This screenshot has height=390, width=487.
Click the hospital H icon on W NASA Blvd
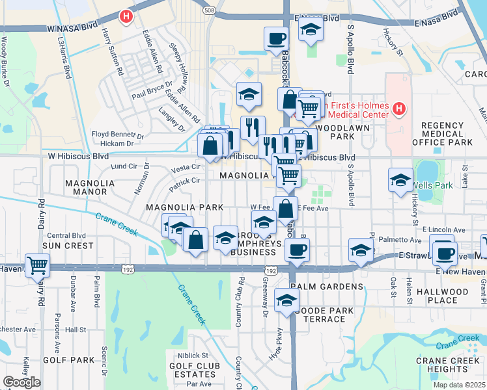[126, 15]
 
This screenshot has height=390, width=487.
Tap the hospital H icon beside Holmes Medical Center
[400, 108]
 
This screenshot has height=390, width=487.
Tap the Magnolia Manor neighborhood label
[90, 187]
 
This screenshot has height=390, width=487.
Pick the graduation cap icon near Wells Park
[400, 180]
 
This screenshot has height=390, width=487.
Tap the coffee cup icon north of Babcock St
[277, 38]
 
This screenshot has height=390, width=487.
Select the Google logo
[21, 382]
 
